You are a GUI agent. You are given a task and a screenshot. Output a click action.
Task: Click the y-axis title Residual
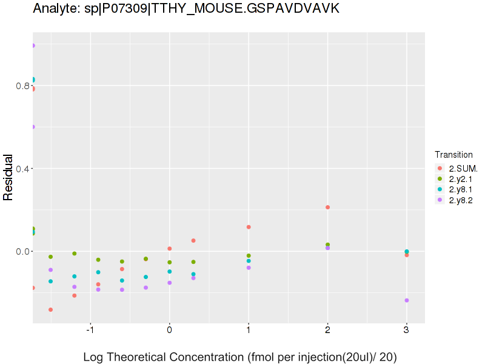click(8, 178)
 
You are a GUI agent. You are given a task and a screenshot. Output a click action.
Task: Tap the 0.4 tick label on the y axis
click(23, 168)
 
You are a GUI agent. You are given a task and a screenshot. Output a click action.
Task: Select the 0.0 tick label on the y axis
click(23, 251)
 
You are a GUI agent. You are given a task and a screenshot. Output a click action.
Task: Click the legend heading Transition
click(453, 155)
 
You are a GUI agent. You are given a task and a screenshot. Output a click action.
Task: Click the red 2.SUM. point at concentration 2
click(327, 207)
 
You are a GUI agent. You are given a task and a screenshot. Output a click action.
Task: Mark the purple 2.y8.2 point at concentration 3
click(407, 300)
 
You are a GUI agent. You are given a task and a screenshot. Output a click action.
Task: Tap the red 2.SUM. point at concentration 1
click(249, 227)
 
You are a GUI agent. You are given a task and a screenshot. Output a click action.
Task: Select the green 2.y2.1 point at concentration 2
click(327, 244)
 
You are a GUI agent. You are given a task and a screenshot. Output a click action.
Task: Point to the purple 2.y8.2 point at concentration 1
click(249, 268)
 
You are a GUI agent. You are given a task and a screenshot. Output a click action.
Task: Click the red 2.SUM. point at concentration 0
click(170, 249)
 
